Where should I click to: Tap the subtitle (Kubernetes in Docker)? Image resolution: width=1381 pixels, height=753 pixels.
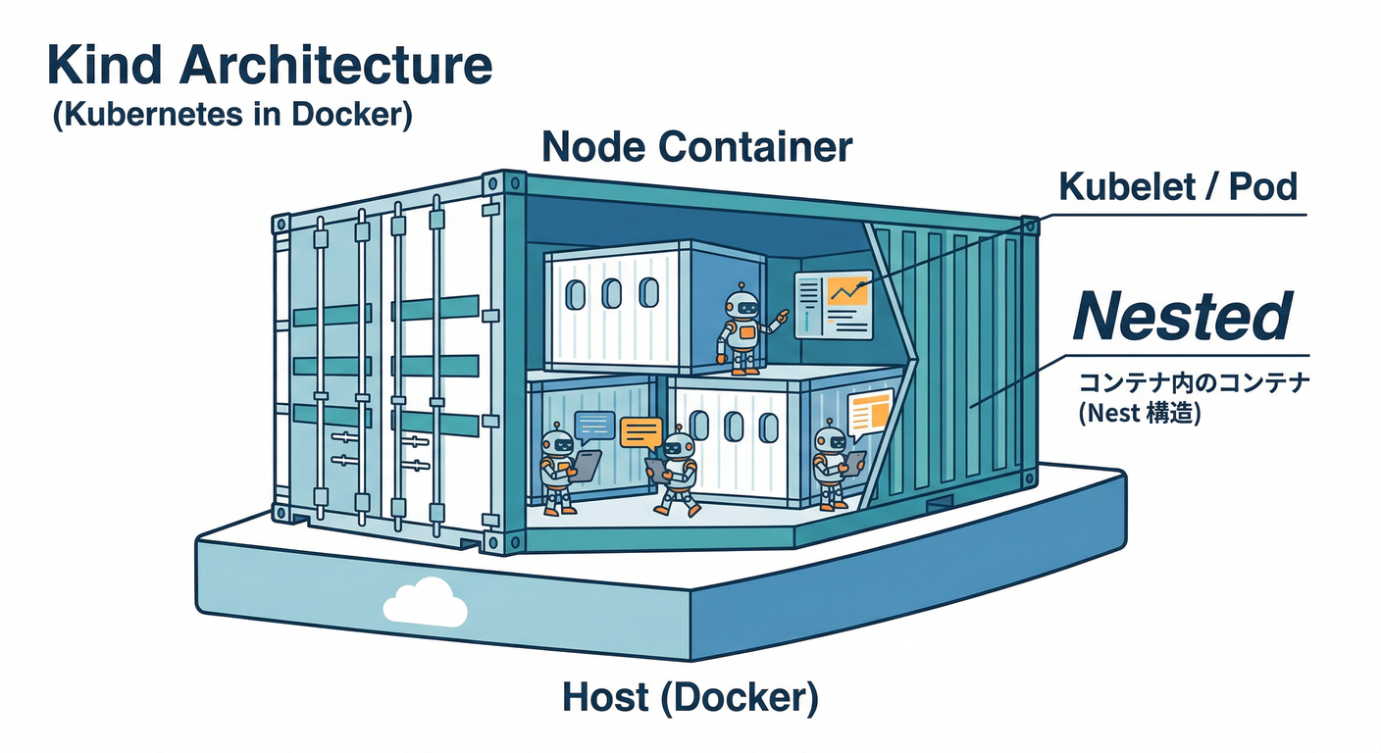pos(231,115)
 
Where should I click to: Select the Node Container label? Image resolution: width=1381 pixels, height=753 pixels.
pos(696,147)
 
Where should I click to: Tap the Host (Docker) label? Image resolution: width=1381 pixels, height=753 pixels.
pos(690,698)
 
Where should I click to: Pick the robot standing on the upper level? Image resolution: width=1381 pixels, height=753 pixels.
pos(742,330)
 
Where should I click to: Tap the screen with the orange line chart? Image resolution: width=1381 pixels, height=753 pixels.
pos(832,303)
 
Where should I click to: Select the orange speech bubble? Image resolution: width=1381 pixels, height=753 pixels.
pos(641,432)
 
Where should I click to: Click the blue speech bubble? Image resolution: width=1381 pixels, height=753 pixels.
pos(594,425)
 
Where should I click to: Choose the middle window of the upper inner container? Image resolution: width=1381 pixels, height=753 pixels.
pos(612,293)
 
